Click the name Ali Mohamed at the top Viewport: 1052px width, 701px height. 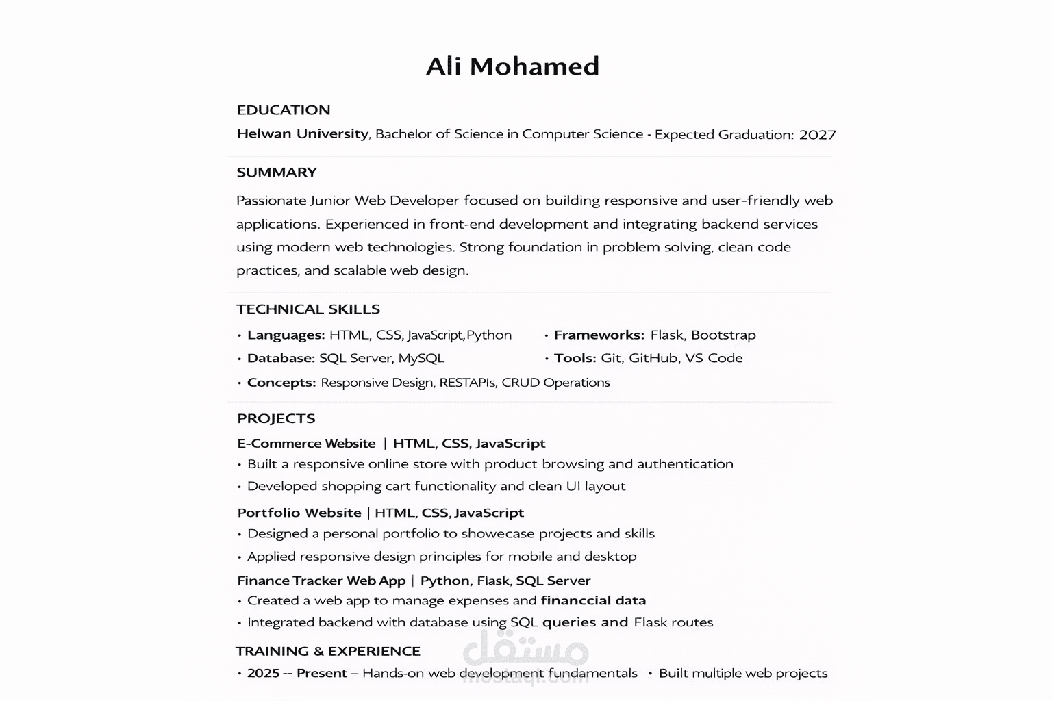tap(512, 66)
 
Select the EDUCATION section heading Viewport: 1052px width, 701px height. tap(284, 110)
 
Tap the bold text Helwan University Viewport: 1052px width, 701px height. tap(302, 134)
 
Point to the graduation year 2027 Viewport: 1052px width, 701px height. tap(817, 135)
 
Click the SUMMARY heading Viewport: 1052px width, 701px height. tap(277, 173)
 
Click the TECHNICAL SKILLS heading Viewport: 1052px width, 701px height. tap(308, 309)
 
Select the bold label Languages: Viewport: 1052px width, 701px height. tap(286, 335)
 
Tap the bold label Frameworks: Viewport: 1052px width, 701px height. tap(599, 335)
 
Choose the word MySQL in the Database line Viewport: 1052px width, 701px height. tap(421, 358)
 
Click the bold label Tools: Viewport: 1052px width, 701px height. tap(575, 358)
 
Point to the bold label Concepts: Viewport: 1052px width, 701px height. tap(281, 383)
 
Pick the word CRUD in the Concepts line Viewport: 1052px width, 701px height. tap(520, 383)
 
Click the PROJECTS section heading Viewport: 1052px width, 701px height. tap(276, 419)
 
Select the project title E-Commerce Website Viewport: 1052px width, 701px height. tap(306, 444)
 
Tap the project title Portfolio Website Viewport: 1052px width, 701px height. tap(299, 513)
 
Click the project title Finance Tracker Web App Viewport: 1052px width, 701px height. tap(321, 581)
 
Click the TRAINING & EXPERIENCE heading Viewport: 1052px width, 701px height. tap(328, 652)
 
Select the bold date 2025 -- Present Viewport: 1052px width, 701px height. tap(297, 674)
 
